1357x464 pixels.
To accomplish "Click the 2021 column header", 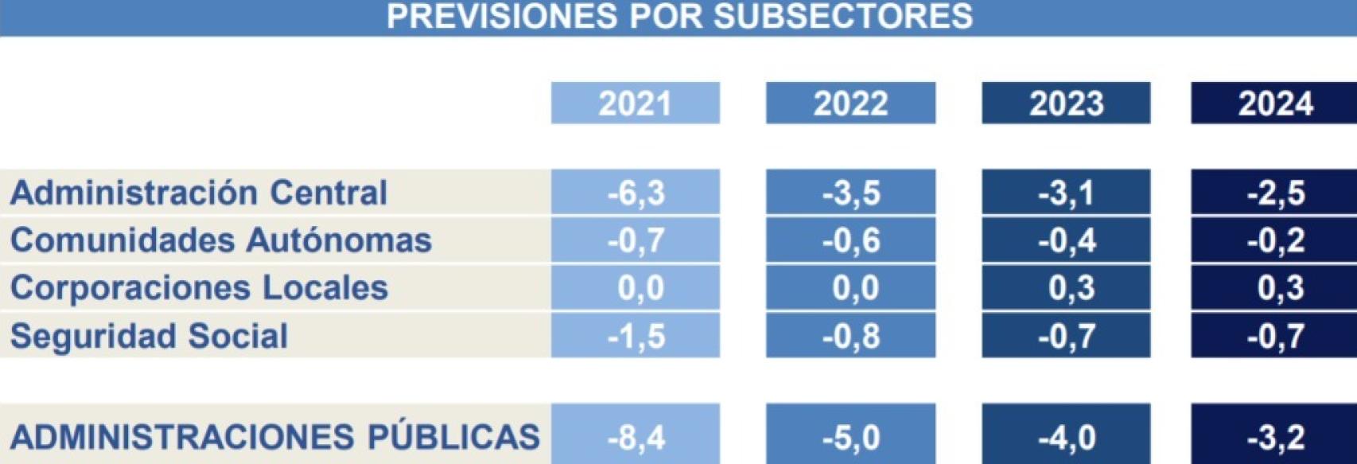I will coord(635,103).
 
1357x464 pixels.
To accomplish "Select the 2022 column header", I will coord(850,103).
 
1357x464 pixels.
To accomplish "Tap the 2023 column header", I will coord(1066,103).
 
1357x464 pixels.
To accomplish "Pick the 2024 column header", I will coord(1275,103).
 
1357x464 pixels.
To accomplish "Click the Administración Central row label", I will coord(199,193).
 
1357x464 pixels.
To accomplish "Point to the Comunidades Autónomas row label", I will coord(221,240).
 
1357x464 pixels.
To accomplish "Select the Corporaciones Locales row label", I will coord(199,288).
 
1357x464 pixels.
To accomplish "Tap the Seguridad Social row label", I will coord(150,336).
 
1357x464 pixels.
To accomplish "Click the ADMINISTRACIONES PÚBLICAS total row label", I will coord(275,437).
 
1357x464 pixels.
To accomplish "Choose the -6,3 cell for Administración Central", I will coord(636,193).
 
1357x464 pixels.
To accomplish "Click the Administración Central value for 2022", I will coord(851,193).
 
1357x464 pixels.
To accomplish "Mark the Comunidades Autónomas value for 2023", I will coord(1067,240).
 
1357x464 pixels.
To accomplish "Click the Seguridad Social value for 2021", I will coord(636,336).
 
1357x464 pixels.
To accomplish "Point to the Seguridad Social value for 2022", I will coord(851,336).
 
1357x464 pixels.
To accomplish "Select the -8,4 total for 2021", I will coord(636,437).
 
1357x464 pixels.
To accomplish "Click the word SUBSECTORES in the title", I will coord(842,16).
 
